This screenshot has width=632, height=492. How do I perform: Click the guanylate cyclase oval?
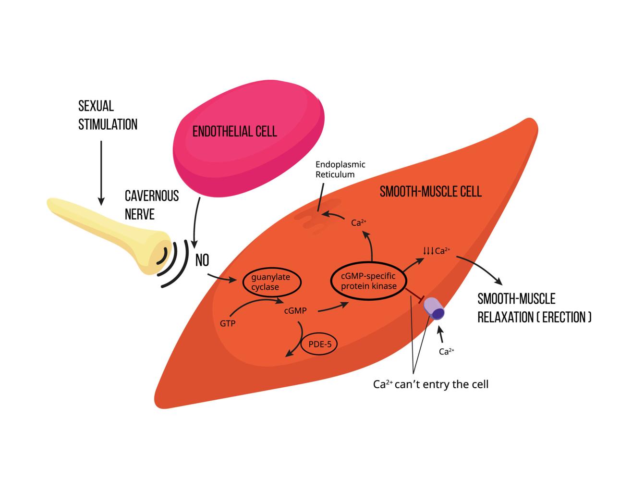point(271,283)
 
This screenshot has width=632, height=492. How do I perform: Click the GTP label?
point(228,323)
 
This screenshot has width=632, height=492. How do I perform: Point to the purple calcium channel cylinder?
point(435,308)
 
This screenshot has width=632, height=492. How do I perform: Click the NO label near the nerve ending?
point(202,261)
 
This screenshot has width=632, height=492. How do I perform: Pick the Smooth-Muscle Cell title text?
point(430,192)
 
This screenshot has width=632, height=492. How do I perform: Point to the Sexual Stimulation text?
point(108,116)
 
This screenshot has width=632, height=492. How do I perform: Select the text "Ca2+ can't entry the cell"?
point(431,385)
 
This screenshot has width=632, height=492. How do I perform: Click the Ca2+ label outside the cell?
point(447,352)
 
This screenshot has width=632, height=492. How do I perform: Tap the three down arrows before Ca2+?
point(428,250)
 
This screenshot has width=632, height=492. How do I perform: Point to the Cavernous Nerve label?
point(152,205)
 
